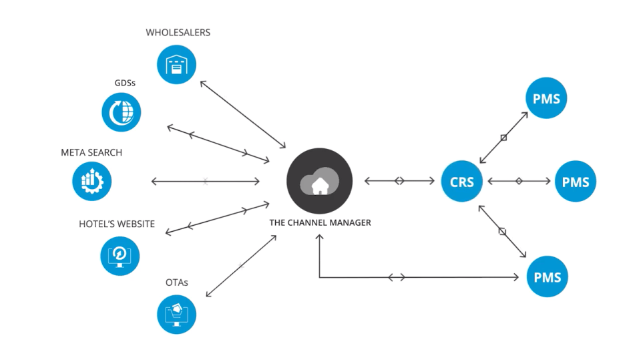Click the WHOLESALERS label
(178, 33)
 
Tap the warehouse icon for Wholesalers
(177, 65)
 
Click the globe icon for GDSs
(122, 112)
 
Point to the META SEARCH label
(91, 153)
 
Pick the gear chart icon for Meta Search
(92, 181)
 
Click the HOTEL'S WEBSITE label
(117, 224)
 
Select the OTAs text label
(177, 283)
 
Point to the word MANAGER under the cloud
(348, 223)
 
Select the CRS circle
(461, 181)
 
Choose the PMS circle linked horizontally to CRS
(576, 181)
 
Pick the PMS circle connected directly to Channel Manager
(547, 277)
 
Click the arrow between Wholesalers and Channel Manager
(242, 114)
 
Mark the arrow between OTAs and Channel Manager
(241, 266)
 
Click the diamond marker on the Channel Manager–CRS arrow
(399, 181)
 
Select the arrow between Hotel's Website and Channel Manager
(216, 218)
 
